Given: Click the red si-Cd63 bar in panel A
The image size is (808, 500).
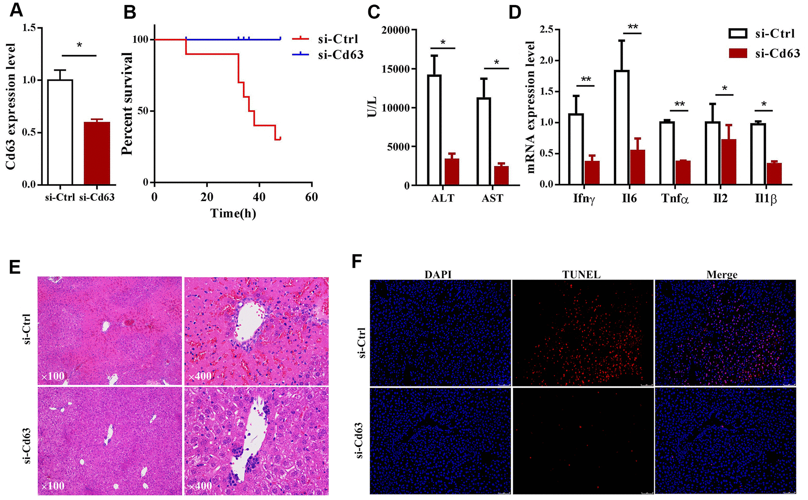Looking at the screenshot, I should pyautogui.click(x=97, y=153).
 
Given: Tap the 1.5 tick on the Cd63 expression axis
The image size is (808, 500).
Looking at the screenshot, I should pyautogui.click(x=29, y=28).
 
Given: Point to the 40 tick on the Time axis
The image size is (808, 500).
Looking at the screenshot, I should pyautogui.click(x=259, y=197).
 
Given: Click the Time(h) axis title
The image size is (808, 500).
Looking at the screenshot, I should pyautogui.click(x=233, y=213).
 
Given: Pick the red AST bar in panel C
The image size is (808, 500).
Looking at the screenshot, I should pyautogui.click(x=501, y=176).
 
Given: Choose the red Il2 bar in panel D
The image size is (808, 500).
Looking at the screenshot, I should pyautogui.click(x=728, y=162).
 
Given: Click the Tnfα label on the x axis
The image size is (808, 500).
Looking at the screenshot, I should pyautogui.click(x=675, y=199).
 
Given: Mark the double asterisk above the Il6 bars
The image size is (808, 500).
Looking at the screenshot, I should pyautogui.click(x=633, y=27).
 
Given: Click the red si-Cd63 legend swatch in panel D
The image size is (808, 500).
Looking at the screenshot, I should pyautogui.click(x=738, y=53).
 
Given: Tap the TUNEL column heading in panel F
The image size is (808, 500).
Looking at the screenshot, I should pyautogui.click(x=581, y=275).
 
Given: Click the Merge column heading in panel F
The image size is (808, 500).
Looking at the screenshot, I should pyautogui.click(x=722, y=275).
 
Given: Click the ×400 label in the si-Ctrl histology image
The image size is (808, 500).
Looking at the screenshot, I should pyautogui.click(x=200, y=376).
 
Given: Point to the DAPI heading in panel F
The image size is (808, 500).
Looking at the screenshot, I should pyautogui.click(x=438, y=275).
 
